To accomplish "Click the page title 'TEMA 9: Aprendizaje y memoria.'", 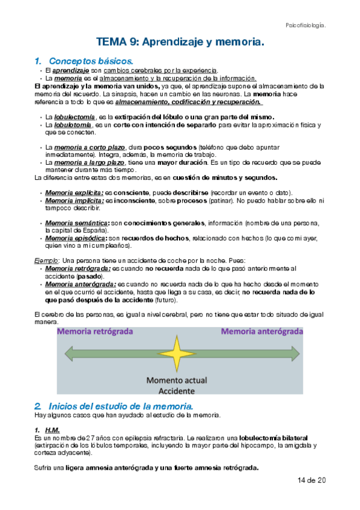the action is [x=180, y=42].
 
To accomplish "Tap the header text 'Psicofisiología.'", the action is [x=305, y=25].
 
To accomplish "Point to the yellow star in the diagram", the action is [x=177, y=353].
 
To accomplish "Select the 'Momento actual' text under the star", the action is [x=177, y=380].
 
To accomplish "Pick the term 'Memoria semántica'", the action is [x=72, y=223].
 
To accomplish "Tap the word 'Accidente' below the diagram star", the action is [x=177, y=390].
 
